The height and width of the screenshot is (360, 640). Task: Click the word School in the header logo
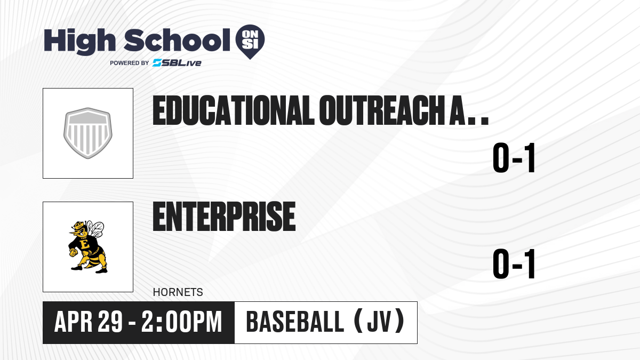point(177,40)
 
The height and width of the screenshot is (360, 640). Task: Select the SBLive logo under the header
point(177,62)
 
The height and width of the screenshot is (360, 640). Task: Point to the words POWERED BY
point(130,63)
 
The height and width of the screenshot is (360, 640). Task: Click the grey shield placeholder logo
point(88,133)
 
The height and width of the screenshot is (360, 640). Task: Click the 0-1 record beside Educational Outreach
point(514,158)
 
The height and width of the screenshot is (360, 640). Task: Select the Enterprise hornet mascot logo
point(87,247)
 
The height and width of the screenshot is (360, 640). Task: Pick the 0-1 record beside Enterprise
point(514,263)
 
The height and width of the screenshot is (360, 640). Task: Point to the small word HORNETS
point(178,292)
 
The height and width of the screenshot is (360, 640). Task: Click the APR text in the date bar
point(74,322)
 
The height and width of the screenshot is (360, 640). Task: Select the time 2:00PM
point(182,322)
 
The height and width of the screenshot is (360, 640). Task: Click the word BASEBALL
point(295,322)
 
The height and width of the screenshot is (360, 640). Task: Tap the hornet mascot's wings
point(95,229)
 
